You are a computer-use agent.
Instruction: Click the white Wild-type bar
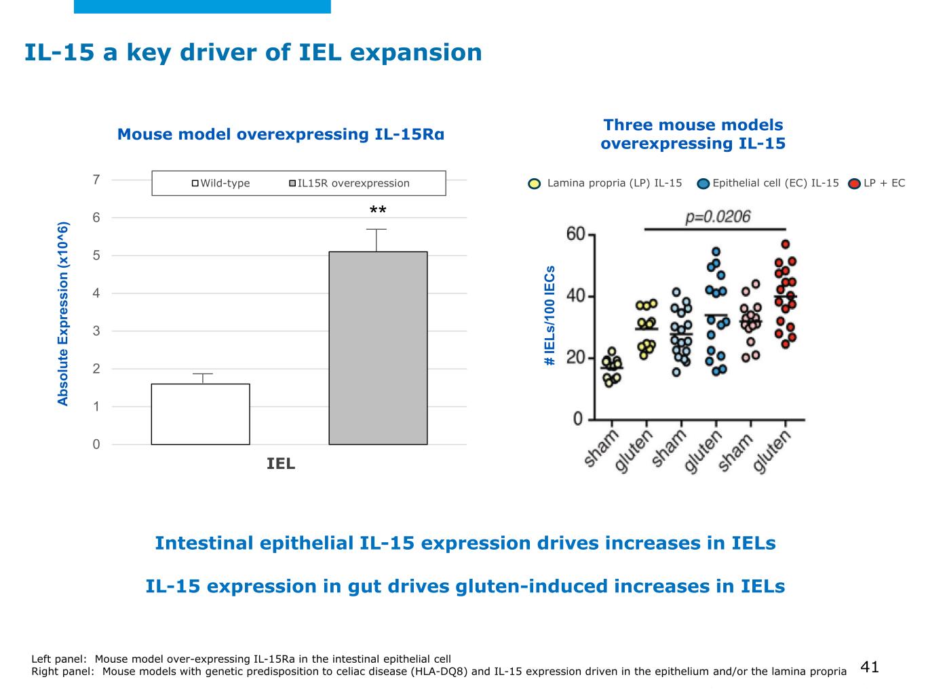coord(200,414)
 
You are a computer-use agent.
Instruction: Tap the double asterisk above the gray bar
coord(378,211)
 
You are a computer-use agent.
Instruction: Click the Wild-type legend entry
coord(221,183)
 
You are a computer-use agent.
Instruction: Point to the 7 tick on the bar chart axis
coord(96,180)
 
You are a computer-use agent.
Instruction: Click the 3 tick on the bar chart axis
coord(96,331)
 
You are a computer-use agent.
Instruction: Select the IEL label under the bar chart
coord(281,464)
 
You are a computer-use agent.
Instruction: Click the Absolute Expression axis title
coord(63,314)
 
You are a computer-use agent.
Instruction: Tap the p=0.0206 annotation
coord(718,217)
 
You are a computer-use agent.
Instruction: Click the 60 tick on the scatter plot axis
coord(575,234)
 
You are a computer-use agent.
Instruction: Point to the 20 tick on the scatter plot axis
coord(575,357)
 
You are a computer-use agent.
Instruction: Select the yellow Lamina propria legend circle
coord(535,184)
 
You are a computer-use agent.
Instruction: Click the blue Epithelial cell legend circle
coord(703,184)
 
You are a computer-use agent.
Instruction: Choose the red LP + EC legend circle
coord(855,184)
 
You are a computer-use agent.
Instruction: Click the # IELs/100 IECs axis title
coord(550,316)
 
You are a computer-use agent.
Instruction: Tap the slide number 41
coord(870,667)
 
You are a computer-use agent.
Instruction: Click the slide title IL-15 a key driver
coord(253,53)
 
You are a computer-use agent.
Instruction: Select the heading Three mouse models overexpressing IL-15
coord(693,134)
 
